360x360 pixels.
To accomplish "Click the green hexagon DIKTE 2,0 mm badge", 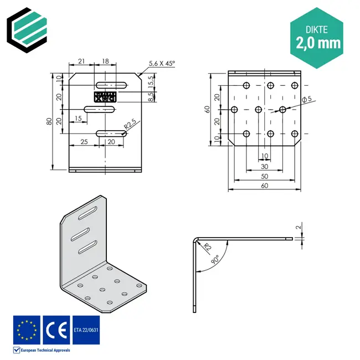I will coord(318,37).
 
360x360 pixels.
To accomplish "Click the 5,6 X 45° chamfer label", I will coord(161,64).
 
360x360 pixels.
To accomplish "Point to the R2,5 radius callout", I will coord(131,125).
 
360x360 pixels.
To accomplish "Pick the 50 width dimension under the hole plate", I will coord(265,176).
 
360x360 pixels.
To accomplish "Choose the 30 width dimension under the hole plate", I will coord(265,166).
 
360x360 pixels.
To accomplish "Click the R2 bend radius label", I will coord(206,246).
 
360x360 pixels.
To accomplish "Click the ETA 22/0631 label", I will coord(86,330).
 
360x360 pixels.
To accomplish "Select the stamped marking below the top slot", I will coord(106,97).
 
